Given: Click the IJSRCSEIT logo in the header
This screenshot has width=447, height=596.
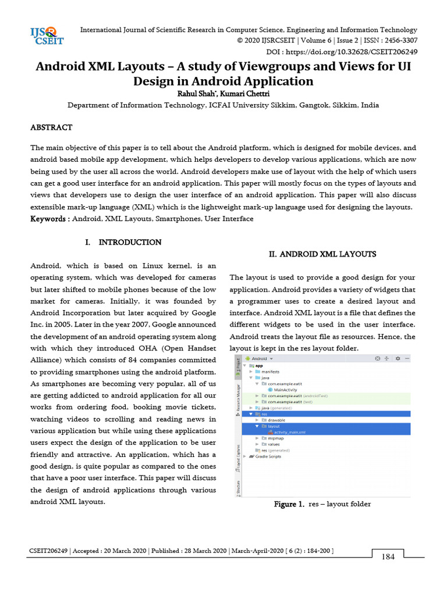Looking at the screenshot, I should [47, 36].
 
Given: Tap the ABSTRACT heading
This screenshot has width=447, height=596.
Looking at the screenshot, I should [51, 127].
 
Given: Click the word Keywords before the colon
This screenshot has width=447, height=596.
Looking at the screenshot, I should [48, 219].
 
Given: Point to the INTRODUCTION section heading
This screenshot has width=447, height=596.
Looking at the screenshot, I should [129, 242].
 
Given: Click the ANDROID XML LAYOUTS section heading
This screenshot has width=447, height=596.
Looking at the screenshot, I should [322, 254].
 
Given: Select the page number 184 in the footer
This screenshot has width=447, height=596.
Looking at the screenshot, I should [388, 557].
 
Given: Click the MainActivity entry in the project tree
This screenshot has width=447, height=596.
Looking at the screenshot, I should [285, 389].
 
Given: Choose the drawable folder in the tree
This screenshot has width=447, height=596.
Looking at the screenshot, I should [276, 420].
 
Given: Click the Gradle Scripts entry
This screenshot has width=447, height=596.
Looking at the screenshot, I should [268, 456].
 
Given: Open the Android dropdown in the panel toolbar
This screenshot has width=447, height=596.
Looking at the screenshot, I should [261, 359].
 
